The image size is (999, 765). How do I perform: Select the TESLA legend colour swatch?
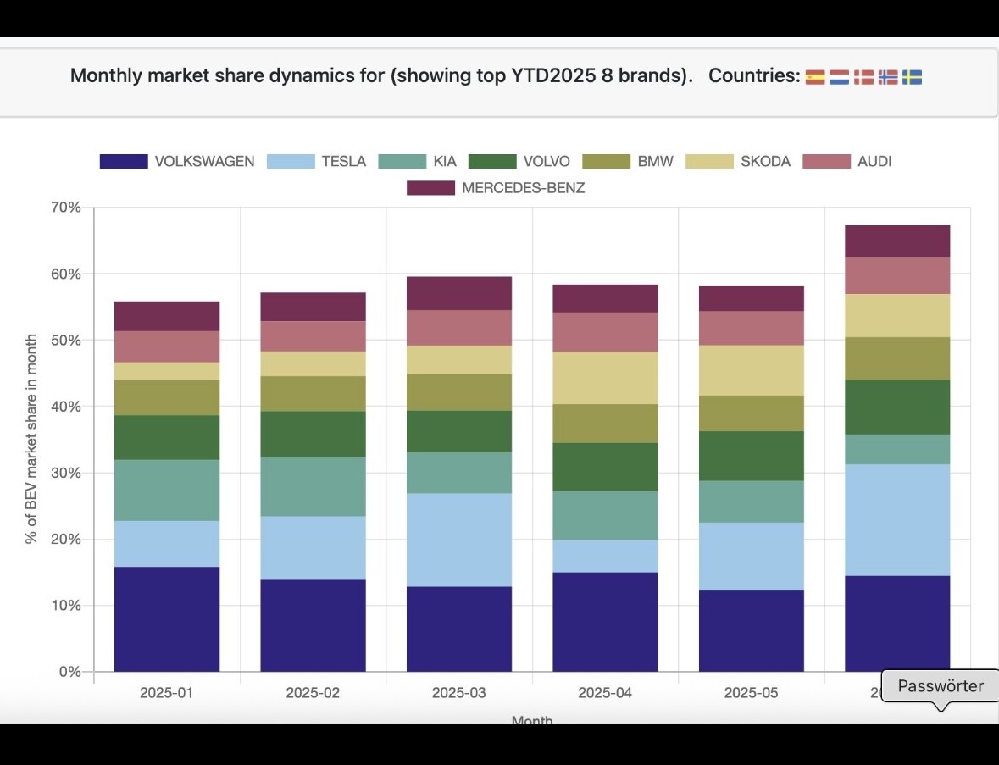(x=291, y=161)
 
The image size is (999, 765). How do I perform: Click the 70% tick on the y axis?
(x=65, y=208)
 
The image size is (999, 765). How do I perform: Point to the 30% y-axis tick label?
(x=65, y=473)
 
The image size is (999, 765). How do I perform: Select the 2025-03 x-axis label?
(x=458, y=692)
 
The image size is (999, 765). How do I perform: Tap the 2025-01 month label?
(x=166, y=692)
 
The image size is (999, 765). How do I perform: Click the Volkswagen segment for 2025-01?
(x=167, y=618)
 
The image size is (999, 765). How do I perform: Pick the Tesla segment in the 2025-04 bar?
(x=605, y=556)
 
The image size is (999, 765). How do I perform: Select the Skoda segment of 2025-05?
(x=751, y=370)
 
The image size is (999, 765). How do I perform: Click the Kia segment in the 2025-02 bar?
(x=313, y=486)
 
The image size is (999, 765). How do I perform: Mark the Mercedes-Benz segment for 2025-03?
(x=458, y=293)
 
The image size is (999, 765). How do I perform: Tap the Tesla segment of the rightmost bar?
(x=897, y=519)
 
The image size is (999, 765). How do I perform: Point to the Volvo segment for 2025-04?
(x=605, y=467)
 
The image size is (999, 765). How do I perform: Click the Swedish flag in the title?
(x=912, y=77)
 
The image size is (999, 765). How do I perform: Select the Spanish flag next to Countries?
(x=815, y=77)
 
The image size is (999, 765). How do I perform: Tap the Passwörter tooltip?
(x=940, y=686)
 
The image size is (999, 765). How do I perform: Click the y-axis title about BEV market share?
(x=32, y=440)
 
